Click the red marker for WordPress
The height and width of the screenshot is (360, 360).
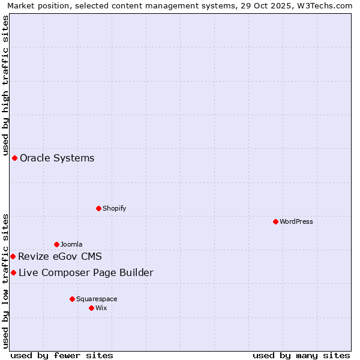click(x=275, y=221)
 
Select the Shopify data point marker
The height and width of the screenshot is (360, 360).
click(x=98, y=208)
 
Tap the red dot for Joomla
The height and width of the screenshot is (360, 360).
click(x=56, y=244)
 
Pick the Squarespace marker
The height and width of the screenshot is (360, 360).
click(x=72, y=299)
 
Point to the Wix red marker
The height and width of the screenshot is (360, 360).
click(x=91, y=308)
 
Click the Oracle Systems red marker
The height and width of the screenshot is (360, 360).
click(x=14, y=158)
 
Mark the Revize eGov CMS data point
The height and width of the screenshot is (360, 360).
click(x=13, y=256)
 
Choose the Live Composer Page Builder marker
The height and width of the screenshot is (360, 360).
click(x=13, y=273)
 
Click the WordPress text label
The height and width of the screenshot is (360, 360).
click(x=296, y=221)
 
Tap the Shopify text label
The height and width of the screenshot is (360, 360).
click(x=114, y=208)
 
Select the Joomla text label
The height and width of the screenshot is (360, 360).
click(x=71, y=244)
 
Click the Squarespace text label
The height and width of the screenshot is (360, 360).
click(x=97, y=299)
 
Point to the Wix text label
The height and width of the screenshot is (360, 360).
click(x=101, y=308)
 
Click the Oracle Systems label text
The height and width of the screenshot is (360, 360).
click(x=57, y=158)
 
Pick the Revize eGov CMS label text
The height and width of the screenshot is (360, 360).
click(x=60, y=257)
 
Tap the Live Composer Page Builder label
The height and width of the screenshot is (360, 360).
click(x=86, y=273)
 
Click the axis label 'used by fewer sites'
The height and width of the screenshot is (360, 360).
click(x=62, y=355)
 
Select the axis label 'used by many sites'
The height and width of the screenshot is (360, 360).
click(x=301, y=355)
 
